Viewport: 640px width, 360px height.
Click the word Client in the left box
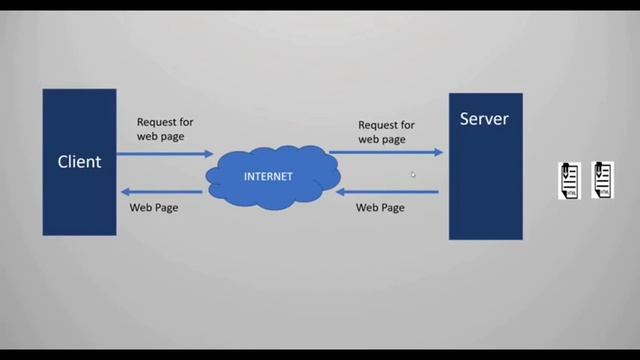[x=79, y=161]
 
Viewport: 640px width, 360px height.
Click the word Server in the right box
[x=484, y=119]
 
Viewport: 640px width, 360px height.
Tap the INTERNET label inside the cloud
[x=268, y=177]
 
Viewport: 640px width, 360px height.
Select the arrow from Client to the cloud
[x=165, y=154]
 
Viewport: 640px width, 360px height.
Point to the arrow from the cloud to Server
[x=386, y=153]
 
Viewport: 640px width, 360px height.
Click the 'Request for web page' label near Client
[x=165, y=129]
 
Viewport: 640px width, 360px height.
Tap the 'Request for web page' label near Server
[x=386, y=132]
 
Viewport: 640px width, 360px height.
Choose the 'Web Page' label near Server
[x=380, y=208]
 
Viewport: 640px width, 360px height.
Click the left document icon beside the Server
[x=569, y=180]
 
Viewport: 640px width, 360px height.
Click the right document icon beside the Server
[x=602, y=180]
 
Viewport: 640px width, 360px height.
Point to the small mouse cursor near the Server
[x=413, y=175]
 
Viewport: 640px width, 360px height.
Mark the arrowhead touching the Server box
[x=439, y=153]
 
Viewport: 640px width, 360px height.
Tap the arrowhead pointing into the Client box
[x=124, y=191]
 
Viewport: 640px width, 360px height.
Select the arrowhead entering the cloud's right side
[x=340, y=190]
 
